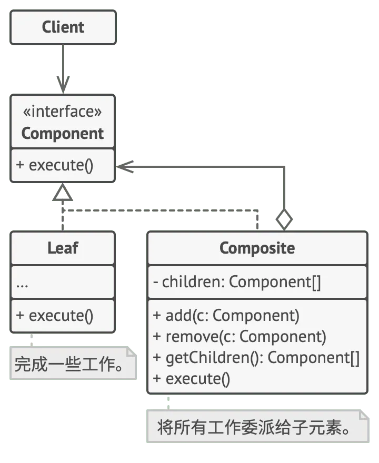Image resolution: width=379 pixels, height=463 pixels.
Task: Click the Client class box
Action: [63, 27]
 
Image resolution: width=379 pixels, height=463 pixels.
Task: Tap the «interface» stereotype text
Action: [62, 112]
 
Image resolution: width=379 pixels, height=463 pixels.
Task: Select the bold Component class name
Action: [62, 134]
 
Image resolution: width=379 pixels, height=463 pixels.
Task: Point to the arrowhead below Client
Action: [63, 85]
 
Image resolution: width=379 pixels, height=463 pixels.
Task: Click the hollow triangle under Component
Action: [62, 192]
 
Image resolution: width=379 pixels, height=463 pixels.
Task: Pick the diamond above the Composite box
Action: [284, 219]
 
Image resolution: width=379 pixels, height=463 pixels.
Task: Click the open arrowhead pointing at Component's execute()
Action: [125, 167]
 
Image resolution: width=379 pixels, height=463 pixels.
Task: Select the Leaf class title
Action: [63, 248]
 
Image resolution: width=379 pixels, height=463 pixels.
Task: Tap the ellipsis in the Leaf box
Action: [22, 286]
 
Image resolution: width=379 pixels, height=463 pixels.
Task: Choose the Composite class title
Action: [257, 248]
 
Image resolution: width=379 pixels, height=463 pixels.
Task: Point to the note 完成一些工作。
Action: [73, 363]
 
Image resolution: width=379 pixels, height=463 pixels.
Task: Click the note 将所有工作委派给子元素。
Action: [257, 426]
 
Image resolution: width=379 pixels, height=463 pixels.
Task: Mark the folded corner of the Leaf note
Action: [132, 351]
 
